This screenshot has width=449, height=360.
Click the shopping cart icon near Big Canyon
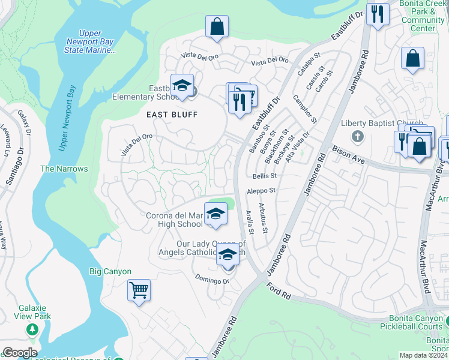[139, 291]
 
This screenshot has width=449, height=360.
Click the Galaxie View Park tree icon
[32, 329]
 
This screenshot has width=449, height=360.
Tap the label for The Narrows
[64, 169]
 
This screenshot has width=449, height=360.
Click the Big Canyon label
[110, 272]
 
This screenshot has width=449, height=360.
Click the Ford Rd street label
[279, 291]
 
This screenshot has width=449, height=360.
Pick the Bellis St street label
[264, 176]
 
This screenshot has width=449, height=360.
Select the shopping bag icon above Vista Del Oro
[217, 27]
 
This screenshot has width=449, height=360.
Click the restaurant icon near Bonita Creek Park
[377, 14]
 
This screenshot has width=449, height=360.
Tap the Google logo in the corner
[19, 352]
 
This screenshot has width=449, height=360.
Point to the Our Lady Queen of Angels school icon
[227, 254]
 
